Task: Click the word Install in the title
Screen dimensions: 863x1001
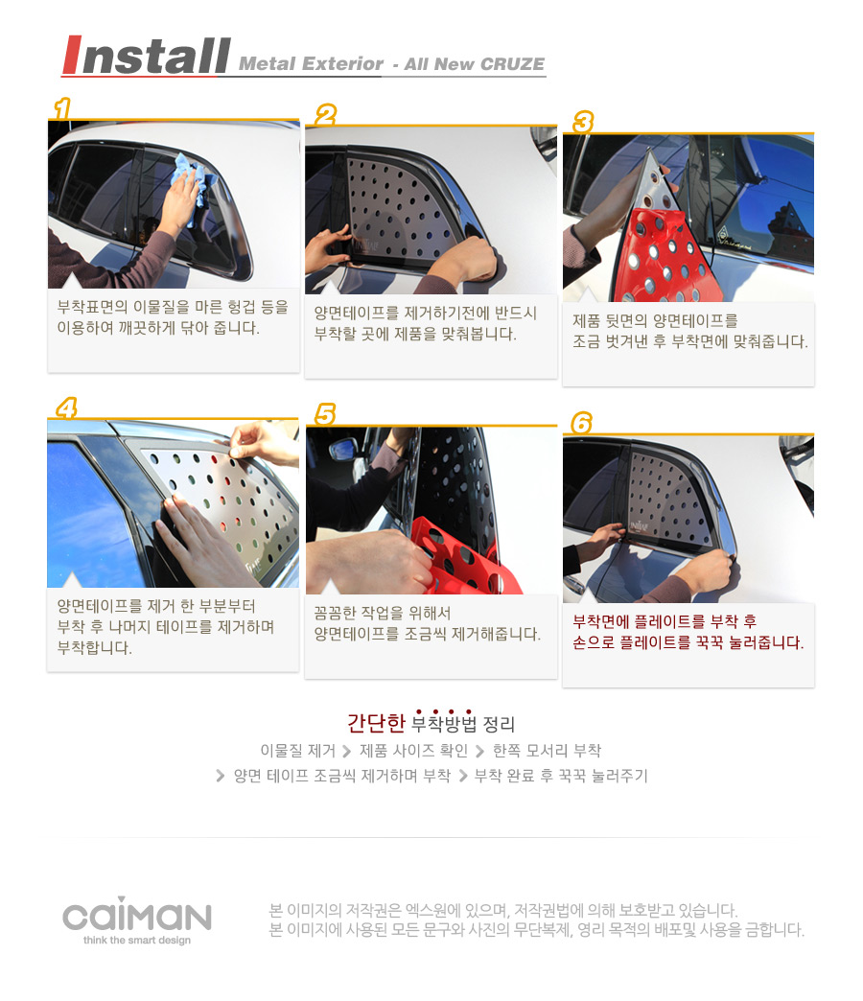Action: [146, 56]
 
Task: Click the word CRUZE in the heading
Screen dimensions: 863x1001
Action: [512, 64]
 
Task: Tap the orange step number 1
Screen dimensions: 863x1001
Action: [62, 108]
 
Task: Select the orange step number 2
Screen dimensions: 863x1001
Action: [325, 115]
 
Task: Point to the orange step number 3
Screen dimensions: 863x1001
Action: [583, 122]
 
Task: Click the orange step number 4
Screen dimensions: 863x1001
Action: [66, 407]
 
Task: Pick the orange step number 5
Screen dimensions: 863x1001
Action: [325, 413]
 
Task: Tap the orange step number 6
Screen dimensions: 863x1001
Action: [581, 422]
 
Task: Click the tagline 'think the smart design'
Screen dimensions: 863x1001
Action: [136, 940]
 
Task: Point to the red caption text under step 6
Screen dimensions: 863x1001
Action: [688, 632]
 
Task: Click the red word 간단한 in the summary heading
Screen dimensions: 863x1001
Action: [376, 723]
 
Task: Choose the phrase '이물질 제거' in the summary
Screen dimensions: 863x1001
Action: [297, 750]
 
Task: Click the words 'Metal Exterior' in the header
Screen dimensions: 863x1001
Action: [311, 64]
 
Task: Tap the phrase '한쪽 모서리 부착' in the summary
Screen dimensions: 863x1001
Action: [547, 750]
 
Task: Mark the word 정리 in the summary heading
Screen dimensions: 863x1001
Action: [500, 724]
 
